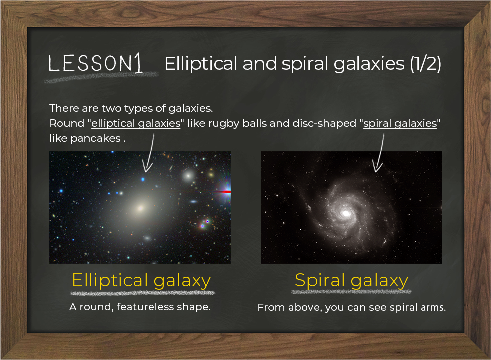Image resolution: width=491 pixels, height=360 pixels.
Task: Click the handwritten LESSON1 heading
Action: point(95,63)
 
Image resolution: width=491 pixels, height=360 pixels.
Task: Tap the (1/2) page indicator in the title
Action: point(426,63)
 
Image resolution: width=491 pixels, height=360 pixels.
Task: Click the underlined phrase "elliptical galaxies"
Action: point(136,123)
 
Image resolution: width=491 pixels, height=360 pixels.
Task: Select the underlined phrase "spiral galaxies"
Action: point(400,123)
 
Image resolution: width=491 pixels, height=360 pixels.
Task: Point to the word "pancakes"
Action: point(96,138)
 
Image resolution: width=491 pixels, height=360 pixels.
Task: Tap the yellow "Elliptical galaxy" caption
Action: point(141,280)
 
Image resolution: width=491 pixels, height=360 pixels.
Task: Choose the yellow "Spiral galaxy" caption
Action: point(351,280)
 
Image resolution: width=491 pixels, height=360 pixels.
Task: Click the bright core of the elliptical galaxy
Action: point(141,208)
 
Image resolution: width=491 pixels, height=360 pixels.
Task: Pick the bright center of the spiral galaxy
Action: point(346,214)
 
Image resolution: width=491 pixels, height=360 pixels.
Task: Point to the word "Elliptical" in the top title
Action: point(201,64)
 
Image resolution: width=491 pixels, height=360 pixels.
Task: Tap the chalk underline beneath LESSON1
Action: point(101,77)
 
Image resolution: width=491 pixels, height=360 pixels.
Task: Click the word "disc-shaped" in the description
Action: point(324,124)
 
